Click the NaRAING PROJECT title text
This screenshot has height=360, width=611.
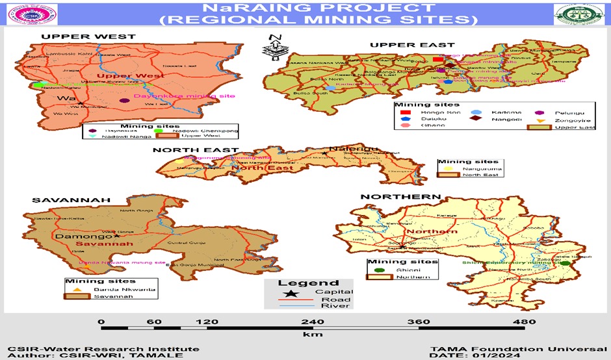click(x=305, y=7)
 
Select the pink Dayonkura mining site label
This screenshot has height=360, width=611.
click(x=165, y=96)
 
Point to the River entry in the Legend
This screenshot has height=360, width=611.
click(x=338, y=305)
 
